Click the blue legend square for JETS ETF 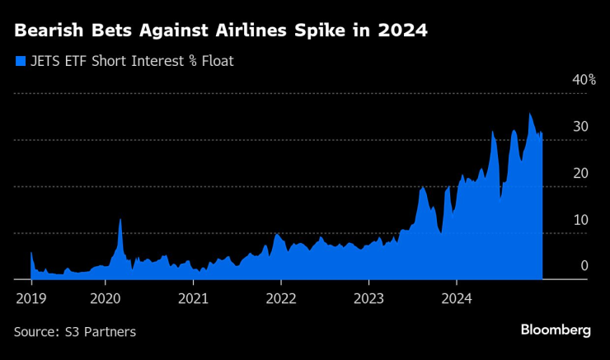(20, 60)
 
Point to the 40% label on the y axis (584, 80)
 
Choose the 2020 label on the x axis (106, 297)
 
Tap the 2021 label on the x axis (193, 297)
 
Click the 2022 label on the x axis (281, 297)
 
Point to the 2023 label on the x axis (368, 297)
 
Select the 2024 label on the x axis (456, 297)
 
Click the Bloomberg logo (556, 330)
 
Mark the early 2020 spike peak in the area (120, 219)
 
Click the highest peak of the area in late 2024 (530, 114)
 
